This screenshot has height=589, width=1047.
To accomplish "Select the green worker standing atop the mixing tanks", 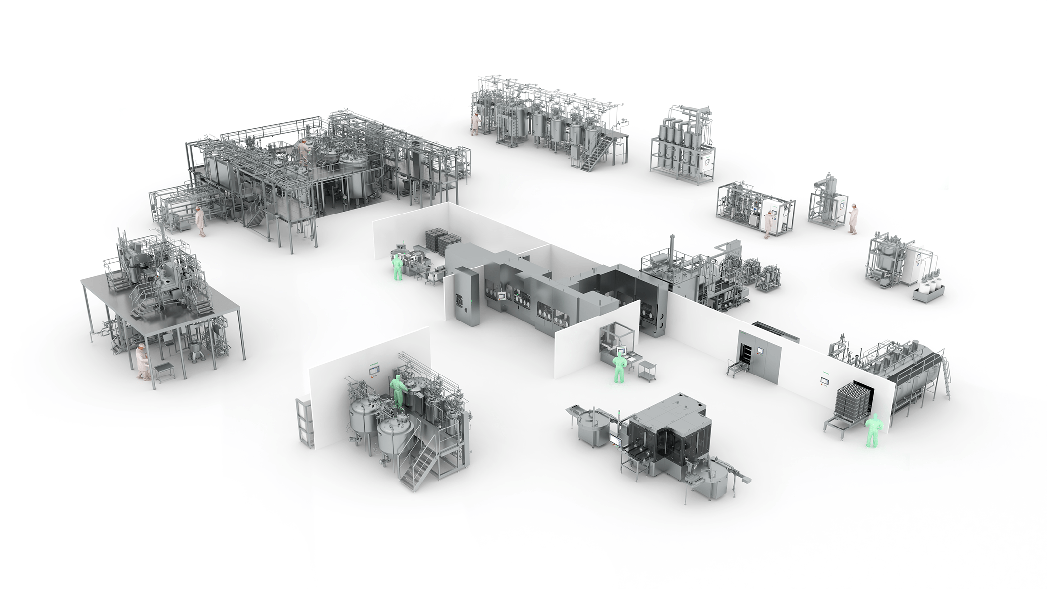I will [397, 391].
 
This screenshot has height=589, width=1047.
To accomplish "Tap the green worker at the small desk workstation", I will [618, 369].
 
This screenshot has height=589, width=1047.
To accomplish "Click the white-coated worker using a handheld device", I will [853, 218].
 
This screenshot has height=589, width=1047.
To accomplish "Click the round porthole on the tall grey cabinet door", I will [459, 300].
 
